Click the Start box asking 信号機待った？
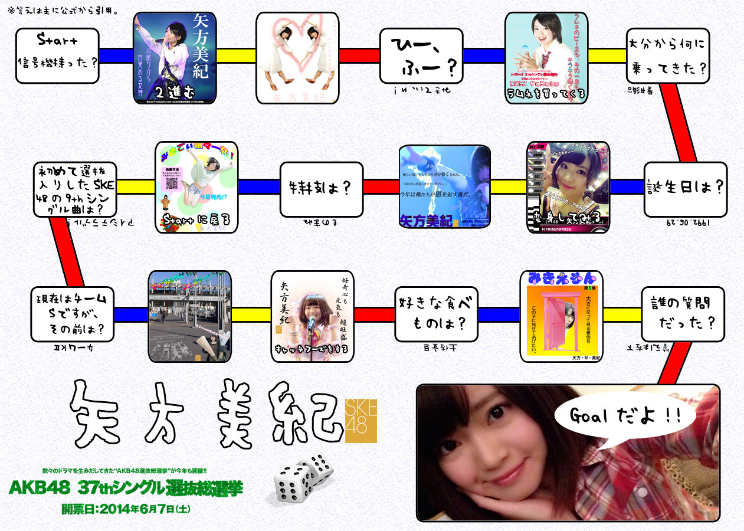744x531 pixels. [x=58, y=55]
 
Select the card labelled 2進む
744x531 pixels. [x=175, y=58]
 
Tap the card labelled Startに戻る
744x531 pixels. [x=196, y=186]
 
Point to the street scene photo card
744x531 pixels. [x=189, y=316]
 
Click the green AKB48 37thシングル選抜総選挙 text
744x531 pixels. [x=126, y=489]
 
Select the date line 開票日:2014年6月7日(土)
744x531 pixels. [x=126, y=507]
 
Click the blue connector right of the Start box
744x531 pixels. [x=116, y=55]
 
